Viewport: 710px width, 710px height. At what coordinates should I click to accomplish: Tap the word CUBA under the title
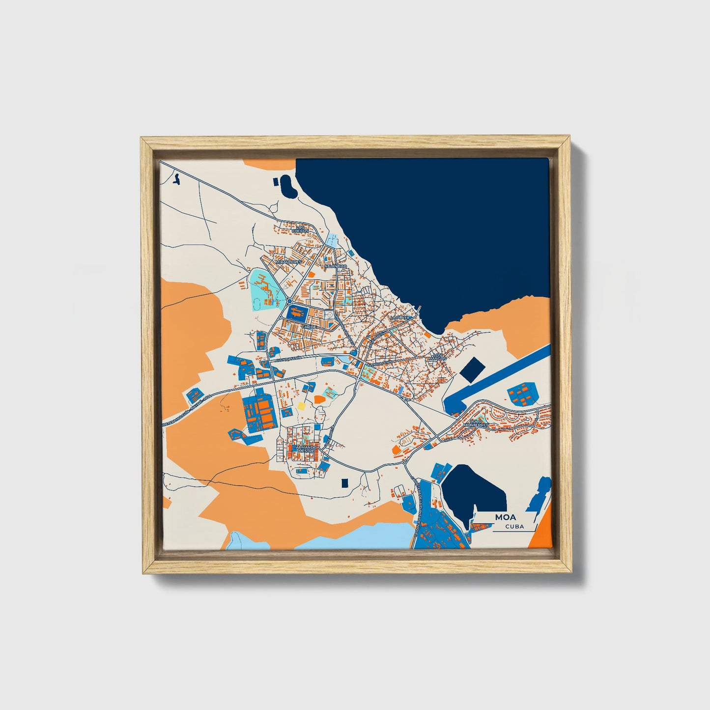514,527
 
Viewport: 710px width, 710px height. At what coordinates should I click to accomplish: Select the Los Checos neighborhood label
300,228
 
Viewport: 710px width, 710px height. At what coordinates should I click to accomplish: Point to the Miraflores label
288,262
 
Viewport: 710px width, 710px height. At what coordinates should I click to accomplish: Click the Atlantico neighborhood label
336,266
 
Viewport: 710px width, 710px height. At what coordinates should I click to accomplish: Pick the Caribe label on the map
309,326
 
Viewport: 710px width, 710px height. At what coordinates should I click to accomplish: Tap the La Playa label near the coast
399,318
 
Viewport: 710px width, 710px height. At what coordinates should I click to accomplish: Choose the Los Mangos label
438,357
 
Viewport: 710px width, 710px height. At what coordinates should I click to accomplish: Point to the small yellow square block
300,406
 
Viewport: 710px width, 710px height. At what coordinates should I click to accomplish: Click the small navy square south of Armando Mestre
344,483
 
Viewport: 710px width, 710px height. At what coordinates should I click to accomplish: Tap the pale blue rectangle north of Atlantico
333,241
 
